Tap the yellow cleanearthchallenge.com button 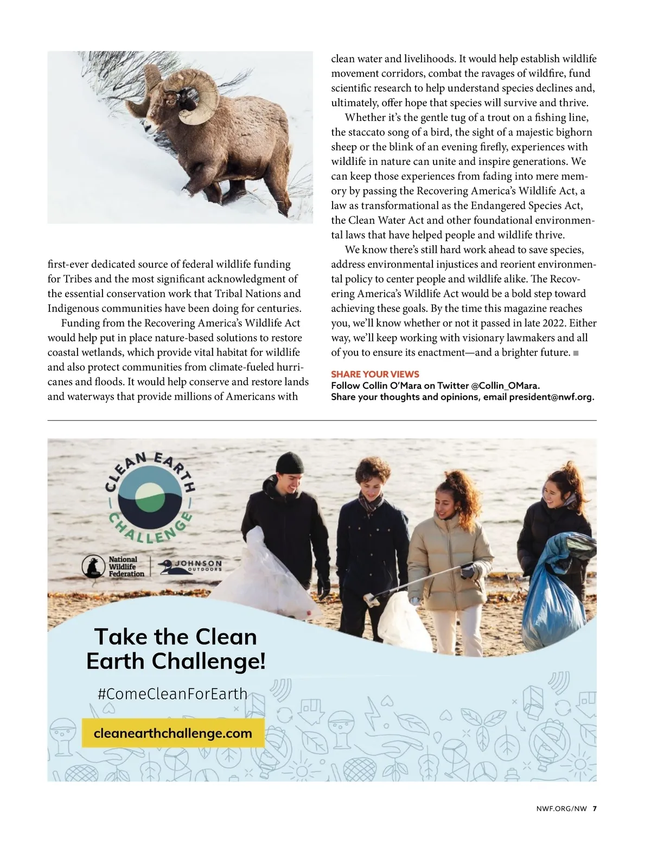pyautogui.click(x=173, y=734)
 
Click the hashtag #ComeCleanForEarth pyautogui.click(x=173, y=694)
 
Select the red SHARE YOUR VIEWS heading pyautogui.click(x=375, y=374)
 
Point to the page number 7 pyautogui.click(x=595, y=808)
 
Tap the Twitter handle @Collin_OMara pyautogui.click(x=505, y=386)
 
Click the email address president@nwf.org pyautogui.click(x=551, y=396)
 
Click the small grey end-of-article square pyautogui.click(x=576, y=353)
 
